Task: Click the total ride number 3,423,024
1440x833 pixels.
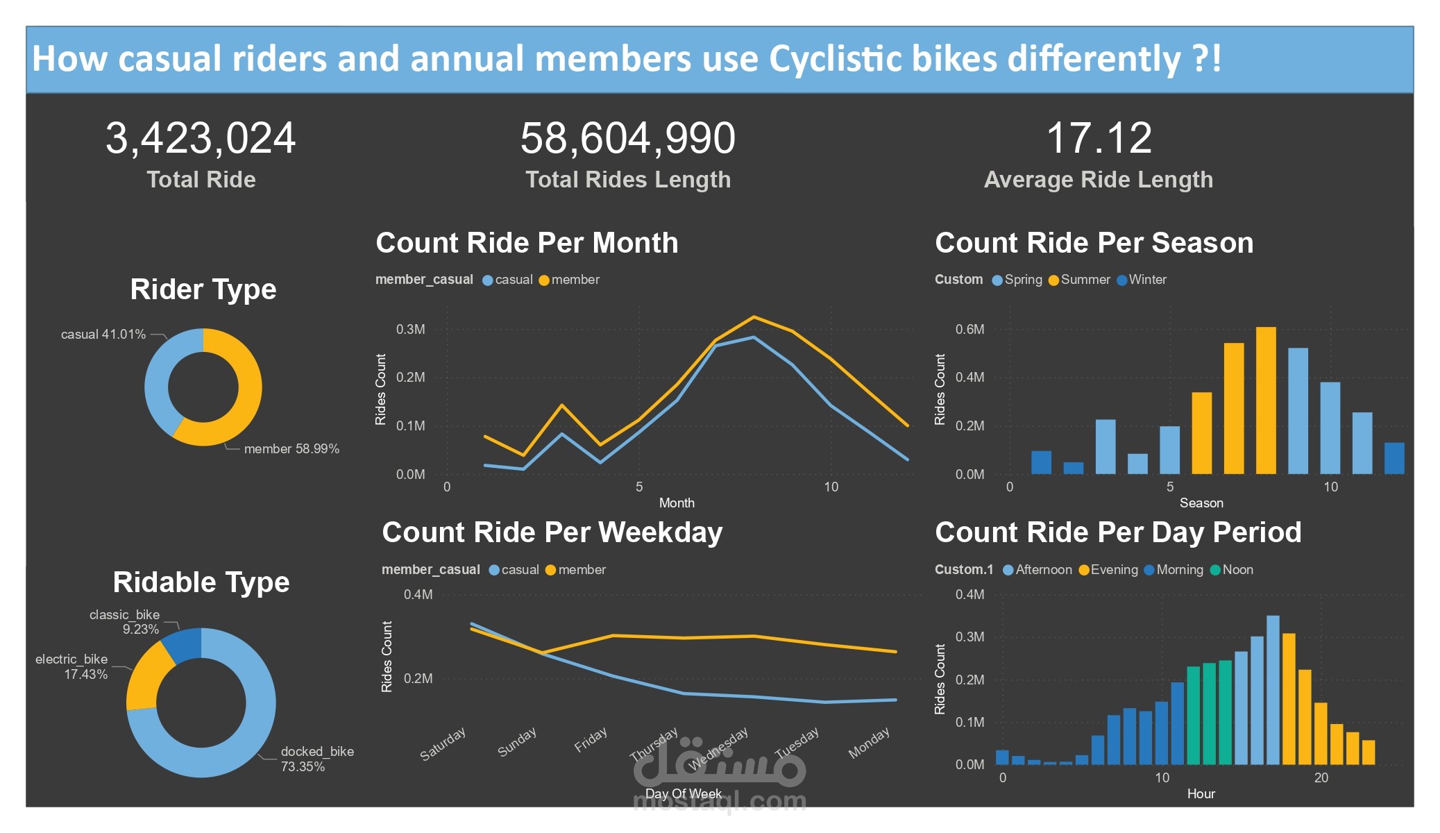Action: (201, 138)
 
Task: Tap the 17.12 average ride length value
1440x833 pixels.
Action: (1099, 138)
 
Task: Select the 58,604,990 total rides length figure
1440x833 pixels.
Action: (628, 138)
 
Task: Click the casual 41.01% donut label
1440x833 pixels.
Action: (103, 334)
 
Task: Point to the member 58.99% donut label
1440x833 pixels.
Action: (291, 448)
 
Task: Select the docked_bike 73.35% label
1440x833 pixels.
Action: (317, 759)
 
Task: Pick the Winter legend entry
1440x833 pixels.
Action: (1142, 280)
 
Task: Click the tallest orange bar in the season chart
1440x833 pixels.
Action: (1266, 401)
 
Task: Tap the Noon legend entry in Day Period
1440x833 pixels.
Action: (1232, 570)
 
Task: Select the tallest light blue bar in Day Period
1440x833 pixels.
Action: (1273, 690)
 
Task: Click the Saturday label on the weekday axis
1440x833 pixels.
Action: (443, 743)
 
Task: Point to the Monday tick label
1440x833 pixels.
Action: (869, 743)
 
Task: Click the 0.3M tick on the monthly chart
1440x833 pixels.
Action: (410, 329)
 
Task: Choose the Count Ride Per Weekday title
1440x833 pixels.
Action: (552, 532)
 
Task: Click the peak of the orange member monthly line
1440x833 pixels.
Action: (754, 317)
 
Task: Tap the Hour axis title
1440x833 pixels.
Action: (1201, 793)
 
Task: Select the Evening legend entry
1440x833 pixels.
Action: (1108, 570)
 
